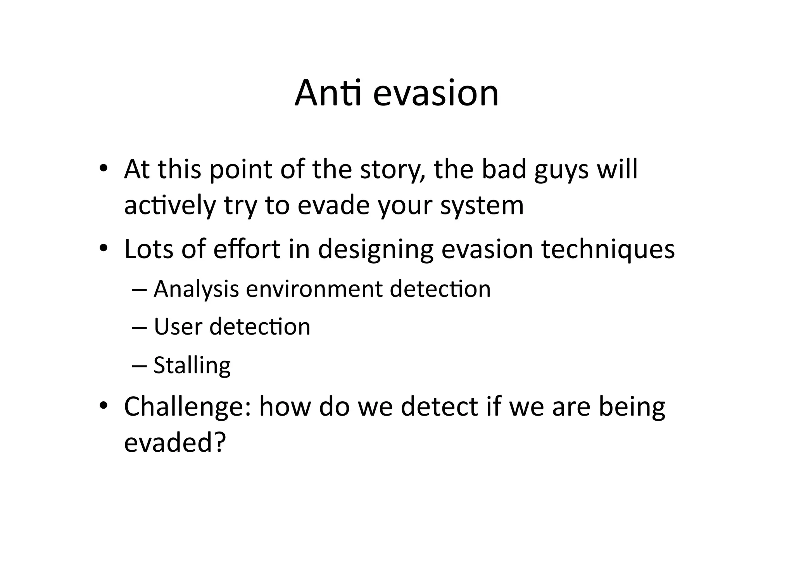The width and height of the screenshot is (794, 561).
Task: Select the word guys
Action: tap(561, 171)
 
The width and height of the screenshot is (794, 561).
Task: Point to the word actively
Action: tap(169, 205)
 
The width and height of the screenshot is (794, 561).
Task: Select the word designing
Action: tap(375, 250)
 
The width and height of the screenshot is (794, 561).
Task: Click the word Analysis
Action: tap(196, 290)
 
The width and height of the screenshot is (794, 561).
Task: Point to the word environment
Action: tap(314, 290)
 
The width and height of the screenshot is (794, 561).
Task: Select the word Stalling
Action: tap(192, 366)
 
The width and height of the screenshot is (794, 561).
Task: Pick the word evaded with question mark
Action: tap(174, 442)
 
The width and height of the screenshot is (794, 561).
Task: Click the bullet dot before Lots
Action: tap(103, 248)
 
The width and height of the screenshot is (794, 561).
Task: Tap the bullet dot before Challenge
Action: tap(103, 406)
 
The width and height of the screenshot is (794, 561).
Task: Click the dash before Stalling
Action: tap(139, 365)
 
